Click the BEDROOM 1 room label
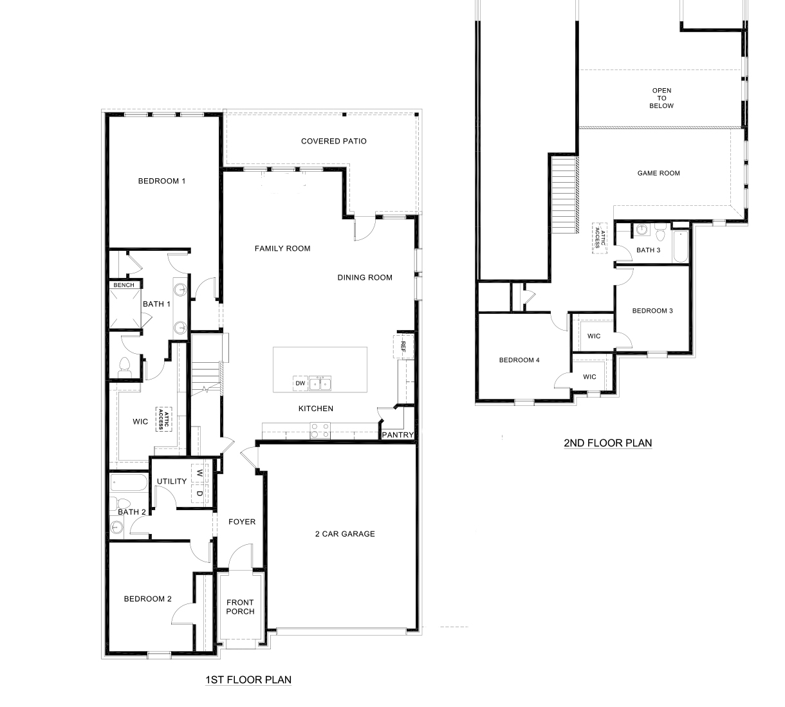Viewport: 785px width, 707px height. [x=162, y=181]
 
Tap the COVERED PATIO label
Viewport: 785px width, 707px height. [x=333, y=142]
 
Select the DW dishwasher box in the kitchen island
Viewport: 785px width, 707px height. [x=300, y=383]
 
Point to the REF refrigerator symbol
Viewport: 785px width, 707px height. [x=403, y=347]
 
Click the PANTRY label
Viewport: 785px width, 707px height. [x=398, y=436]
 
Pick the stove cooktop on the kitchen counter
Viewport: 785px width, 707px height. [x=320, y=430]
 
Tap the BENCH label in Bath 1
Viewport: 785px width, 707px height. [x=124, y=285]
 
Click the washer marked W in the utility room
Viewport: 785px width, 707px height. [x=200, y=473]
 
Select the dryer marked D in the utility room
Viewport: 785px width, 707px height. [x=200, y=494]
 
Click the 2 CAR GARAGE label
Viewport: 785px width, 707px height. [x=345, y=534]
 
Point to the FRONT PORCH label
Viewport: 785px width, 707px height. [x=240, y=607]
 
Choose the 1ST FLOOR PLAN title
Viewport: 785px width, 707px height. [x=248, y=680]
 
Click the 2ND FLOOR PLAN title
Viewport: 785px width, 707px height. [x=607, y=443]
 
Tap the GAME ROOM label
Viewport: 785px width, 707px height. [x=658, y=173]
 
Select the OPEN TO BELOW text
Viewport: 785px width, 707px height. [x=661, y=98]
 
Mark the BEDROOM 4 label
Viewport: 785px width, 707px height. [x=519, y=360]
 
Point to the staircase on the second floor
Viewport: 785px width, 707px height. [x=564, y=197]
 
